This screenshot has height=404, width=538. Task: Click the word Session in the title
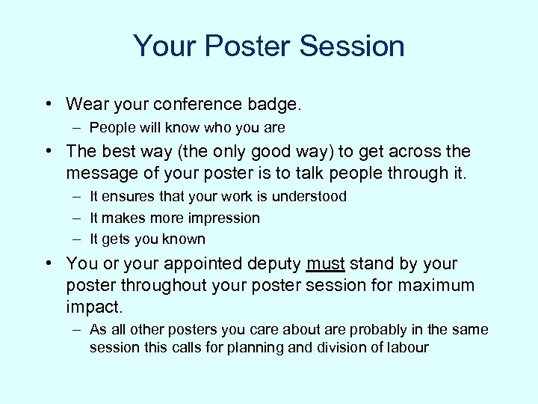pyautogui.click(x=352, y=46)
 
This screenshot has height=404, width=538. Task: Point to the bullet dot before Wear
pyautogui.click(x=48, y=104)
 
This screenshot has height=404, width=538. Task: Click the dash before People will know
pyautogui.click(x=77, y=127)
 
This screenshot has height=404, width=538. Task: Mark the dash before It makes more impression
pyautogui.click(x=77, y=218)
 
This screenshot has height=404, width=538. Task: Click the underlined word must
pyautogui.click(x=325, y=264)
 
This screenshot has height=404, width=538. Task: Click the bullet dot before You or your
pyautogui.click(x=48, y=264)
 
